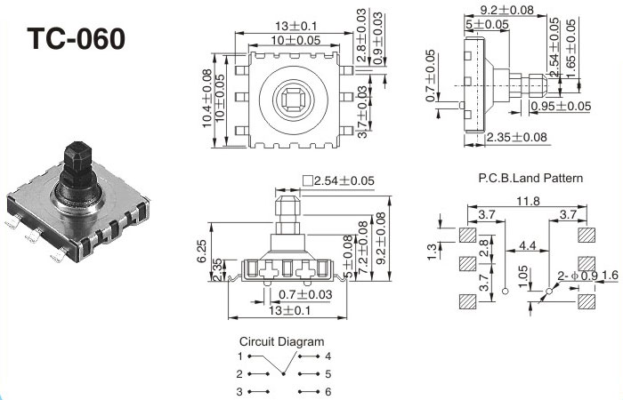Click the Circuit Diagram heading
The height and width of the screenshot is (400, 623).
pos(282,341)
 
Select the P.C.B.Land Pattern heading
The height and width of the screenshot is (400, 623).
pos(530,179)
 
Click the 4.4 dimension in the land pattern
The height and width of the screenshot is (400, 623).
pos(528,244)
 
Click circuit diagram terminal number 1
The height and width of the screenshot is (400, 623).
pos(239,356)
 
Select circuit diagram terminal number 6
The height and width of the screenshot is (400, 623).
pos(328,391)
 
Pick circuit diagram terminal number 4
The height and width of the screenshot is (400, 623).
pos(328,356)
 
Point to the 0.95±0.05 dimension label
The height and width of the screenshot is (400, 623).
pos(561,106)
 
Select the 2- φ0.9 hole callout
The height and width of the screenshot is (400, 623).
pos(578,276)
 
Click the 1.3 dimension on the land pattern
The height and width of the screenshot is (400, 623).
pos(431,252)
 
